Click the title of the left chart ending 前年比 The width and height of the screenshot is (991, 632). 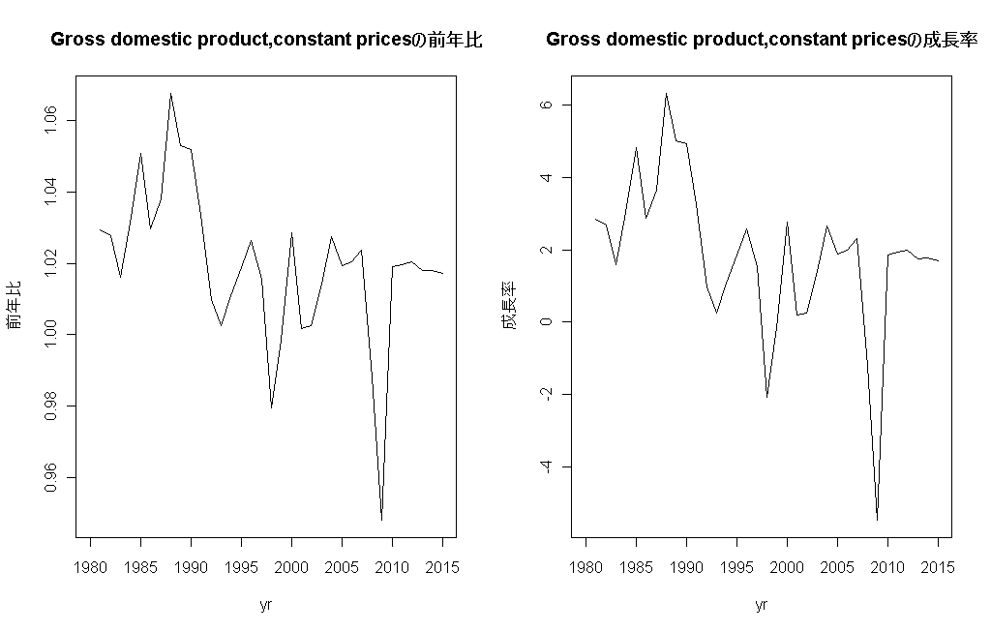click(266, 41)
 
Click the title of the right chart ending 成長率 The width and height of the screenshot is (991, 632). click(762, 41)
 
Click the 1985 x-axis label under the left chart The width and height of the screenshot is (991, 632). click(140, 567)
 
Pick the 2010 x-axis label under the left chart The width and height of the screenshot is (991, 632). click(392, 567)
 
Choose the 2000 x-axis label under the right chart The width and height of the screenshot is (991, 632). click(787, 567)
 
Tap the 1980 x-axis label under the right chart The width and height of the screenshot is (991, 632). click(586, 567)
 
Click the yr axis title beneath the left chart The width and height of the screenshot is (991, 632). click(266, 606)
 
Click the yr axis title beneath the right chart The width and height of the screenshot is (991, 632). click(762, 606)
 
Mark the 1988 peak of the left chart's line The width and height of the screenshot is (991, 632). click(170, 94)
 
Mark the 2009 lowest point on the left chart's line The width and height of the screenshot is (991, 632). click(382, 520)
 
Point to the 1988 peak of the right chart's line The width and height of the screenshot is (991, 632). click(666, 94)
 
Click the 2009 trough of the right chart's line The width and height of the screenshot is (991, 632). click(877, 520)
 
